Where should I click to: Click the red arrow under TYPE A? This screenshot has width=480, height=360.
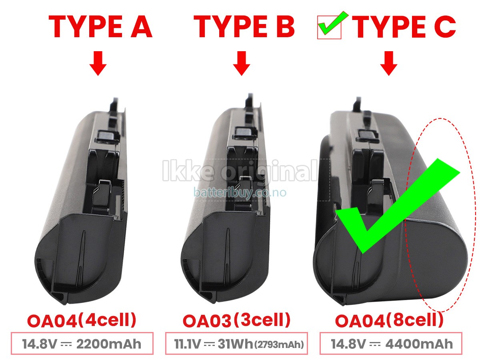98,63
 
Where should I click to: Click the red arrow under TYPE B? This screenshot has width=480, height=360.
241,63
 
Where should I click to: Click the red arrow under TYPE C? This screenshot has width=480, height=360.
388,63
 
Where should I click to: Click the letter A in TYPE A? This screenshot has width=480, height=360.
141,27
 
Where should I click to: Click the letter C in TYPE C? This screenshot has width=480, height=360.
445,27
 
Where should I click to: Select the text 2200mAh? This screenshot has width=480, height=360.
109,344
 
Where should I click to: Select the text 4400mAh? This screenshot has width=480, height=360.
419,344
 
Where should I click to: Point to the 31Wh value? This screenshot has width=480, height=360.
235,344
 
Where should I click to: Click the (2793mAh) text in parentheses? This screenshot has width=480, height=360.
279,344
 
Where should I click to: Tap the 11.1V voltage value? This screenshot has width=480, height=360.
187,344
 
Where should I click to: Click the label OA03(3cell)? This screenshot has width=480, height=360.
236,320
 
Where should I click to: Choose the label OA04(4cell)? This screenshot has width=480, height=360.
82,320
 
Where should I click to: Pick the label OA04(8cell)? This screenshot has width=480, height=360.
389,320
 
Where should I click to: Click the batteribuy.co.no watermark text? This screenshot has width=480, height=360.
240,192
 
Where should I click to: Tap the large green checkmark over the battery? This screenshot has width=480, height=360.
398,206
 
